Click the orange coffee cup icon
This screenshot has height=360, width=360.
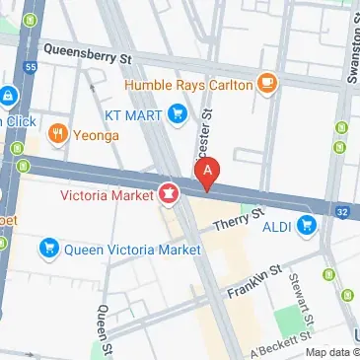click(x=266, y=83)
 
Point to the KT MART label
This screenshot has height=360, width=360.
click(x=134, y=115)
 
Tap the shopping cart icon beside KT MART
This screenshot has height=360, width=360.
click(x=178, y=115)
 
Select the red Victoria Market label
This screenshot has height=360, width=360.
click(x=108, y=195)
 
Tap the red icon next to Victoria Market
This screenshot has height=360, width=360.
click(x=169, y=194)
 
